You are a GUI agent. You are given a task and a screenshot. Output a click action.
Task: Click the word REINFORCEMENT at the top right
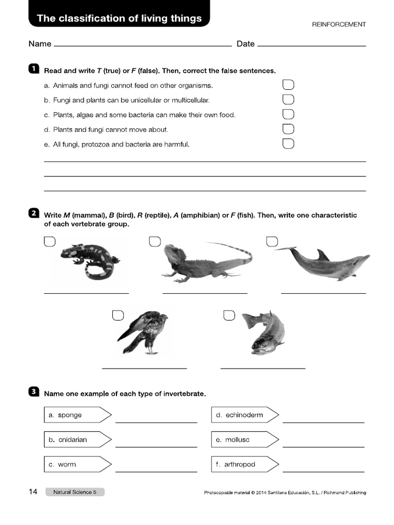(339, 24)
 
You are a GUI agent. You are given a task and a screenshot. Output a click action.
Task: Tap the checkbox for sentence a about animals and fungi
(288, 85)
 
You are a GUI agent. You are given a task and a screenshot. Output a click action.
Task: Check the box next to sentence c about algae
(288, 114)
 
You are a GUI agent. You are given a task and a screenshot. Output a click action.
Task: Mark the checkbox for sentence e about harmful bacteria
(288, 144)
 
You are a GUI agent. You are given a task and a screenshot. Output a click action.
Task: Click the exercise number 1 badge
(34, 69)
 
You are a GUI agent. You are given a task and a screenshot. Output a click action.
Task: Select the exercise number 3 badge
(34, 392)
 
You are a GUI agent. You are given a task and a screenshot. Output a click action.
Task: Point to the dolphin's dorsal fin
(323, 254)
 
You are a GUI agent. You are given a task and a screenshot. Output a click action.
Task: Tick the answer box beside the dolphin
(272, 241)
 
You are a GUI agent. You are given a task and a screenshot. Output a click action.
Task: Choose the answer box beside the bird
(118, 315)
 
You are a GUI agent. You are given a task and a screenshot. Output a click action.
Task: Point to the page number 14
(33, 492)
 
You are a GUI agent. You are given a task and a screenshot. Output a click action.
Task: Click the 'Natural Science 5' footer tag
(75, 492)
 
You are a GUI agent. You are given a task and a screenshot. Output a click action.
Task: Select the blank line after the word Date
(311, 45)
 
